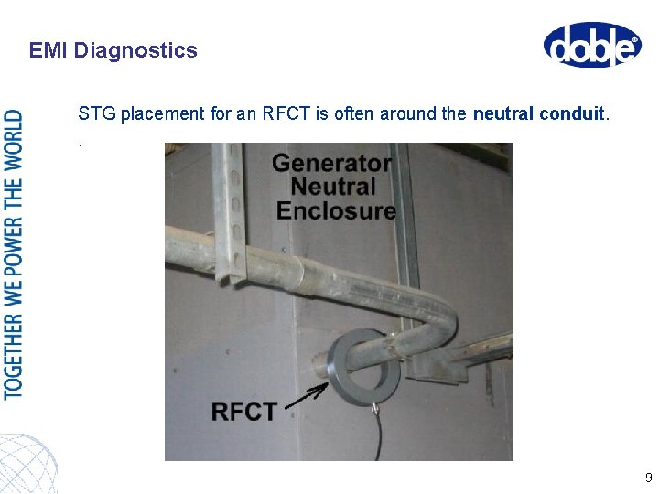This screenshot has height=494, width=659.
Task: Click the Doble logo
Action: tap(592, 45)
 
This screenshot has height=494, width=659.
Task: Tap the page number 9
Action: tap(648, 478)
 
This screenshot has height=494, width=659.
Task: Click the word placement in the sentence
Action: tap(152, 114)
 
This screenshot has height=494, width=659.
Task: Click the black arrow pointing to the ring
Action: tap(307, 396)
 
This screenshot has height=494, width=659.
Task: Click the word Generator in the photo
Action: tap(332, 165)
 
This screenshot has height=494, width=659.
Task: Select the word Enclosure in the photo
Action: tap(336, 210)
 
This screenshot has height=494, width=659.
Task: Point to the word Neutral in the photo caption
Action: tap(332, 188)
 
